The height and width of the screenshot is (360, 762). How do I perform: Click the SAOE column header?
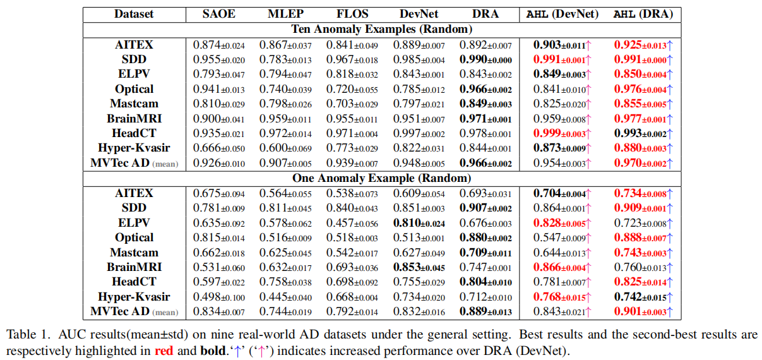pos(218,13)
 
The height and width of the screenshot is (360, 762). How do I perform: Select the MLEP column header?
pos(285,13)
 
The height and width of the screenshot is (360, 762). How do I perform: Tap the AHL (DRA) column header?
pos(643,13)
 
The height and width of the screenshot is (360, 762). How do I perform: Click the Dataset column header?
pos(134,13)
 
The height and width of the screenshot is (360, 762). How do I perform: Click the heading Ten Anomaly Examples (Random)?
pos(381,28)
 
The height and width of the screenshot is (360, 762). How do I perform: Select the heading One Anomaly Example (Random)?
pos(381,178)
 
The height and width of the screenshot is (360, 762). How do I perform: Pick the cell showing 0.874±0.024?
pos(218,45)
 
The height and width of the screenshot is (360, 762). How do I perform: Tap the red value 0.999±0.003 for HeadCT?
pos(559,133)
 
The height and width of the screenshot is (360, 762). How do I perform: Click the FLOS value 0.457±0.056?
pos(352,223)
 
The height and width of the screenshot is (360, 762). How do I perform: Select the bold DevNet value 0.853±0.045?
pos(419,267)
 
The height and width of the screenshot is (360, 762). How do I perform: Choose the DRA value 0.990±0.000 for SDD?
pos(485,59)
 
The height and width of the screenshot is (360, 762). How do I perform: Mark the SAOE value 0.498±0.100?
pos(218,297)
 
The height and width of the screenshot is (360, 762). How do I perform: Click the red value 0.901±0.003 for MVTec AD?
pos(640,311)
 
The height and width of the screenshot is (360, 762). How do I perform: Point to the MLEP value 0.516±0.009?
pos(285,237)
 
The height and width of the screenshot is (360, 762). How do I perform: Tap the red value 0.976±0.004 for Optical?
pos(640,89)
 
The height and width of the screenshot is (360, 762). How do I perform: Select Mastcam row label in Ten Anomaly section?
pos(134,104)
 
